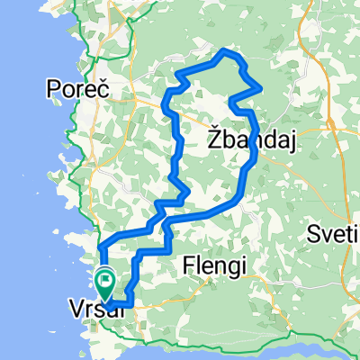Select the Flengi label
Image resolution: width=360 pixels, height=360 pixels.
[212, 265]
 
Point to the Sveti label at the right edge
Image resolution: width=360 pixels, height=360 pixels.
[333, 235]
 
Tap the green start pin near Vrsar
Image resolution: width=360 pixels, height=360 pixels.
[105, 283]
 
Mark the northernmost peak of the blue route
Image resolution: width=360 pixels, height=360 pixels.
[225, 50]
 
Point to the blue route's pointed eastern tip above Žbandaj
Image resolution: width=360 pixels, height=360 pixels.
[261, 89]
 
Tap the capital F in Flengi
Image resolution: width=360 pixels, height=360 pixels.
[187, 265]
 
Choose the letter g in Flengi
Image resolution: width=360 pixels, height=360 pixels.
[226, 266]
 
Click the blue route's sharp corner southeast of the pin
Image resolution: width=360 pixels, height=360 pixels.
[132, 304]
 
